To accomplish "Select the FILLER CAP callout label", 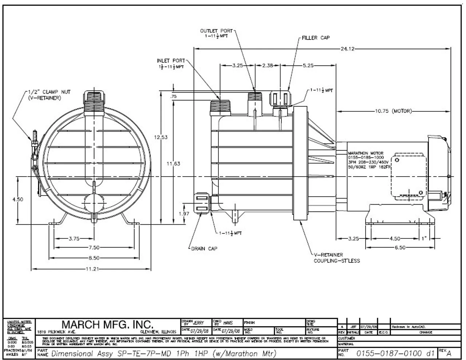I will (316, 37).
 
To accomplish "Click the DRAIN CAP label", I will (204, 249).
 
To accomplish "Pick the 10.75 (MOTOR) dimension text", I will (393, 111).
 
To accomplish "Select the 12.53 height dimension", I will (161, 137).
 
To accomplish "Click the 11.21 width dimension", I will (91, 269).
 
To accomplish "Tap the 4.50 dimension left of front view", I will (17, 199).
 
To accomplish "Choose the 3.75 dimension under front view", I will (74, 239).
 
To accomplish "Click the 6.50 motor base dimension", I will (400, 248).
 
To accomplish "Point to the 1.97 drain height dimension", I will (185, 214).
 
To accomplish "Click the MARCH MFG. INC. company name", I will (107, 324).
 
